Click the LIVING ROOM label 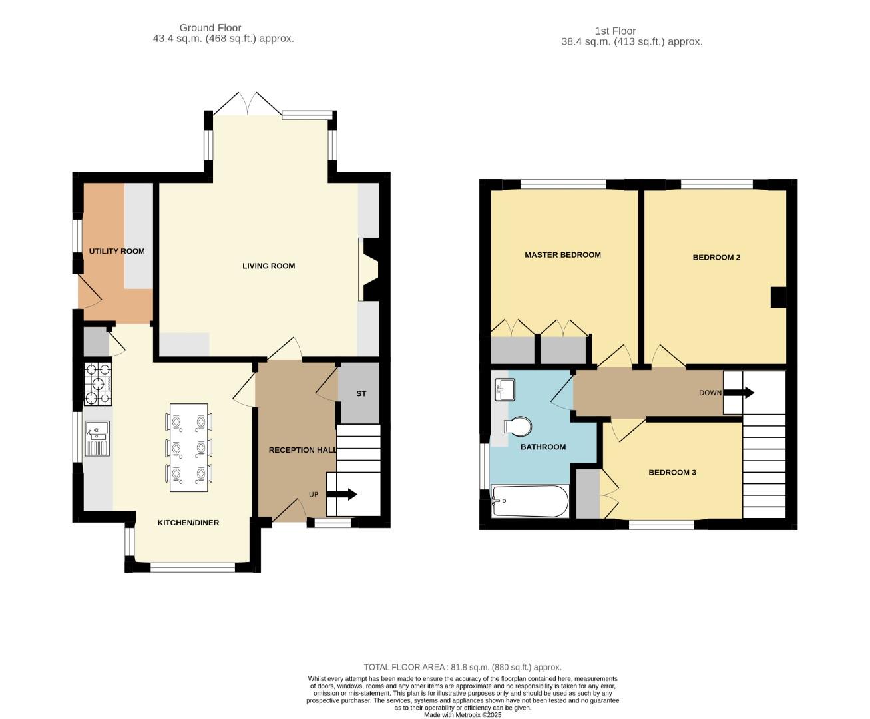point(268,266)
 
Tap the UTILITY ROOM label point(117,251)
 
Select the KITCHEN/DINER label point(188,523)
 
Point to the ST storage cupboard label point(361,393)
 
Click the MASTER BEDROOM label point(562,254)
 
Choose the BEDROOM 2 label point(716,257)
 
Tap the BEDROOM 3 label point(672,472)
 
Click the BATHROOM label point(543,447)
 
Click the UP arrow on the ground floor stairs point(342,494)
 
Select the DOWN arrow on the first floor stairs point(739,393)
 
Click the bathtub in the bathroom point(530,501)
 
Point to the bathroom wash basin point(505,389)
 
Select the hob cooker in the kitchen point(97,383)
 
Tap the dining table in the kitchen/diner point(188,447)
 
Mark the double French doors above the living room point(248,104)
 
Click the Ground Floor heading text point(210,28)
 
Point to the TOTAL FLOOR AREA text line point(462,667)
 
